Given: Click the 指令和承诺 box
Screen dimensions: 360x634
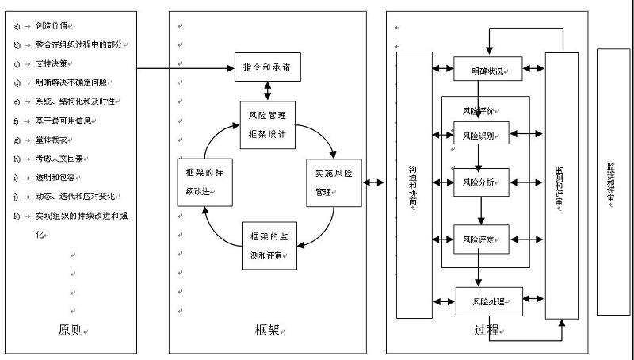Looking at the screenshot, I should pyautogui.click(x=267, y=67).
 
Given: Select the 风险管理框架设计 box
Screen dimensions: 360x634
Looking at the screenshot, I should pyautogui.click(x=267, y=124).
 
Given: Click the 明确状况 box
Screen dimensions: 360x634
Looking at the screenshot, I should pyautogui.click(x=488, y=70).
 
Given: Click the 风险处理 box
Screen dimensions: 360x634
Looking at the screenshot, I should pyautogui.click(x=489, y=301).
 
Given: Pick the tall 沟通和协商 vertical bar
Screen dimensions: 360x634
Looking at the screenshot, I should pyautogui.click(x=414, y=182).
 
